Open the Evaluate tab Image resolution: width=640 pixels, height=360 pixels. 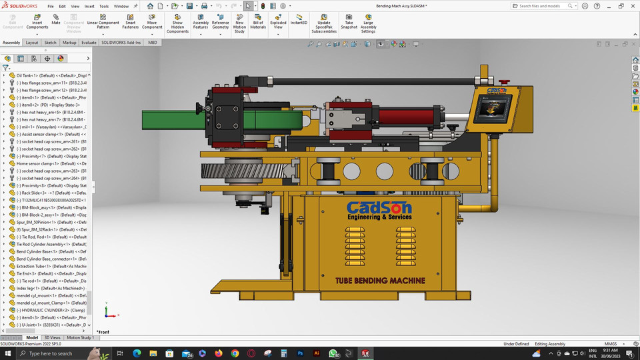(89, 42)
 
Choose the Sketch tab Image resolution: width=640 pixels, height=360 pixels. (50, 42)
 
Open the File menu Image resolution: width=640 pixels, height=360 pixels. (50, 6)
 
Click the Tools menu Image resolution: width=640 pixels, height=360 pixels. (103, 6)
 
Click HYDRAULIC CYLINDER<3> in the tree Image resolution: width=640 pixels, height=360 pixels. (47, 310)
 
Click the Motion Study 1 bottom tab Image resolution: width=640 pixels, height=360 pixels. (79, 338)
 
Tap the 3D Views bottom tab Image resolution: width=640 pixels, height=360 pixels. (52, 338)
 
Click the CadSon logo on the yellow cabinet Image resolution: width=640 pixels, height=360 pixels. (379, 209)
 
